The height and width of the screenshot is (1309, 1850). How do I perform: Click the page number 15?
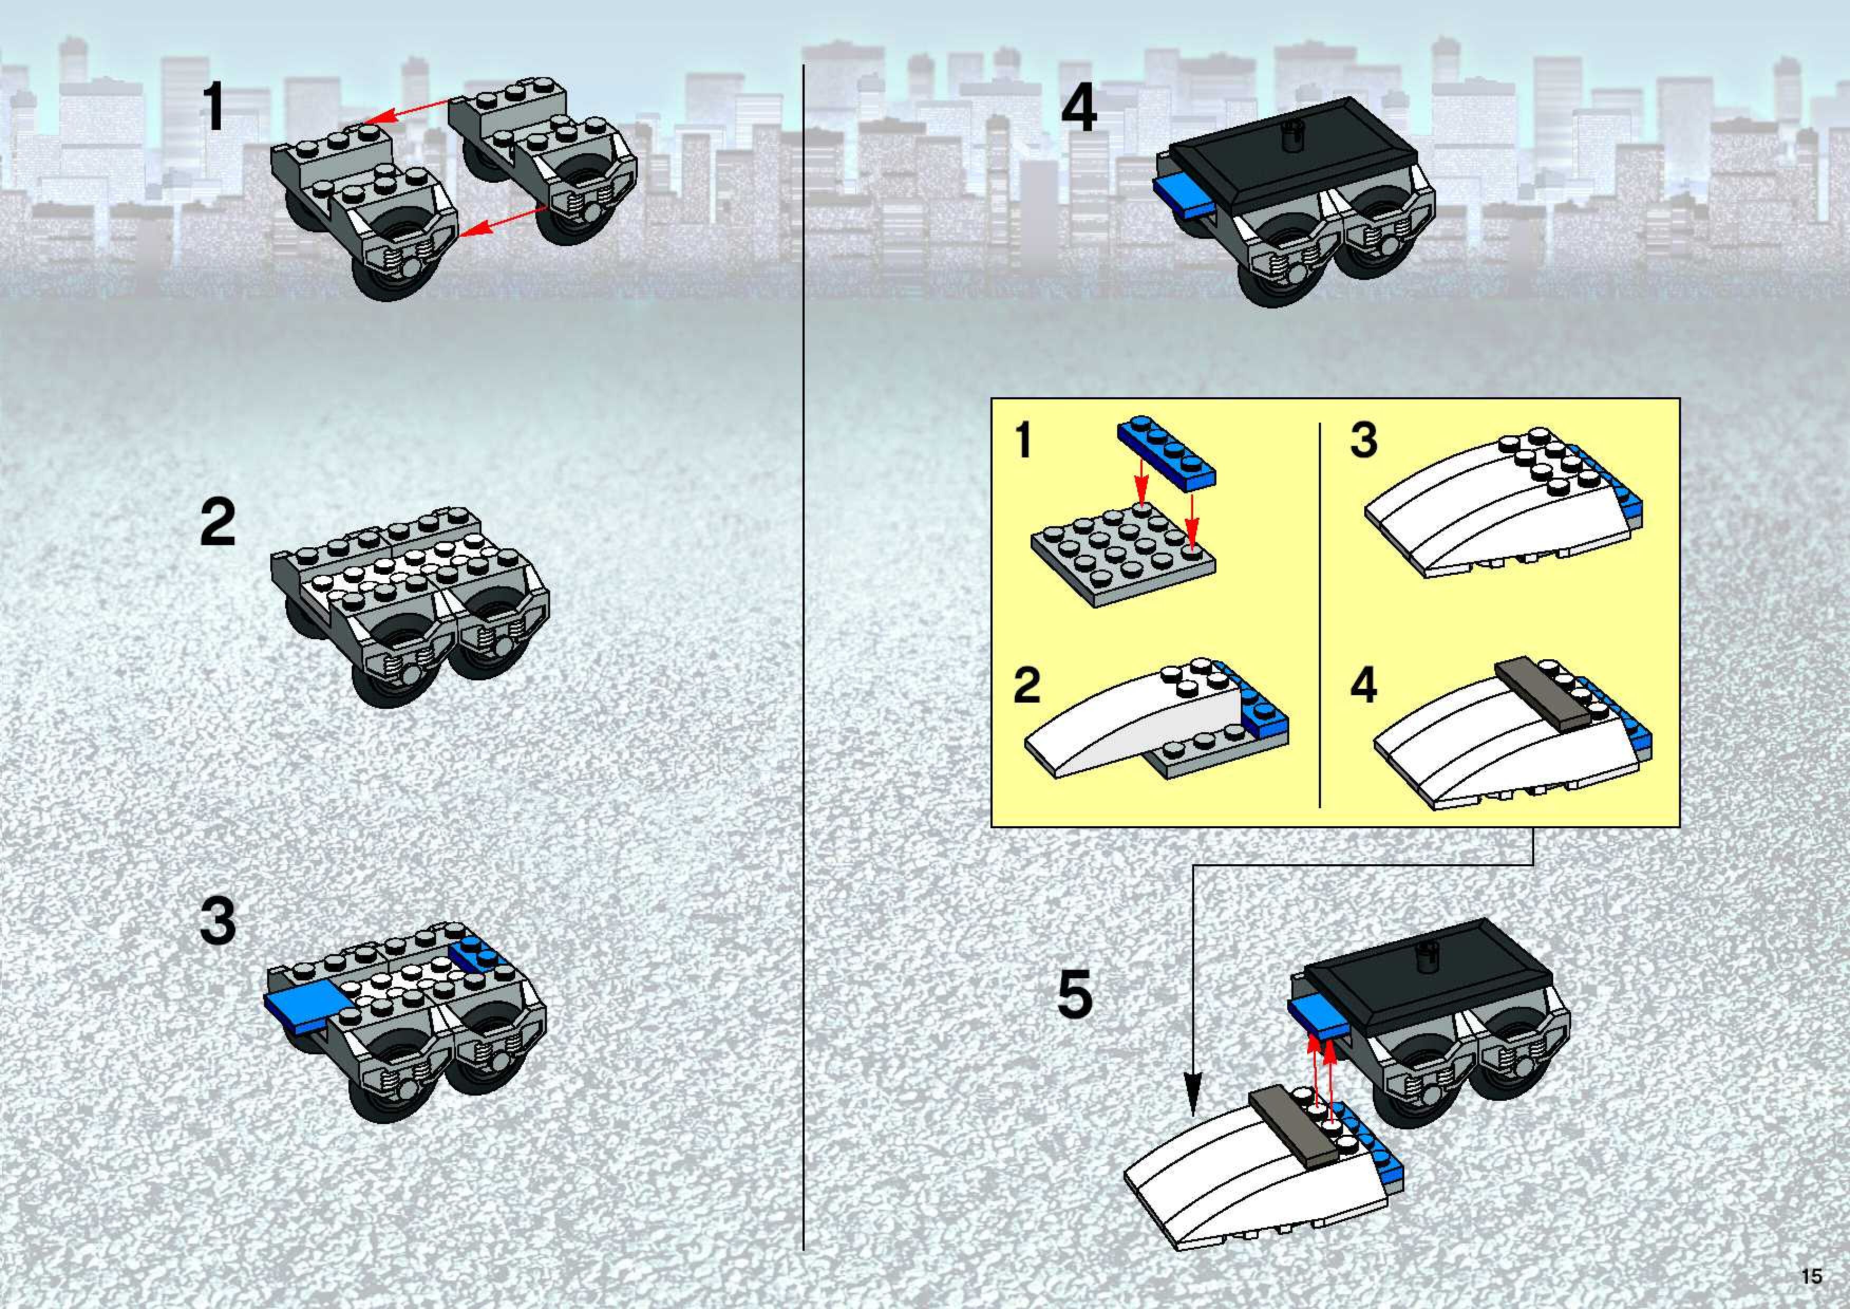pos(1811,1276)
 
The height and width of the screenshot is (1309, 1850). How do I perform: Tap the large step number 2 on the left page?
pos(219,522)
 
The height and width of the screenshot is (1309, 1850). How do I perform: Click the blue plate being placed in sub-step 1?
pos(1166,453)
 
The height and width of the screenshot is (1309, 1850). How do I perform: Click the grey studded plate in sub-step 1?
pos(1123,555)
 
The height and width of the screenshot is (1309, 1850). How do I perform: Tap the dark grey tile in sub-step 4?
pos(1540,695)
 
